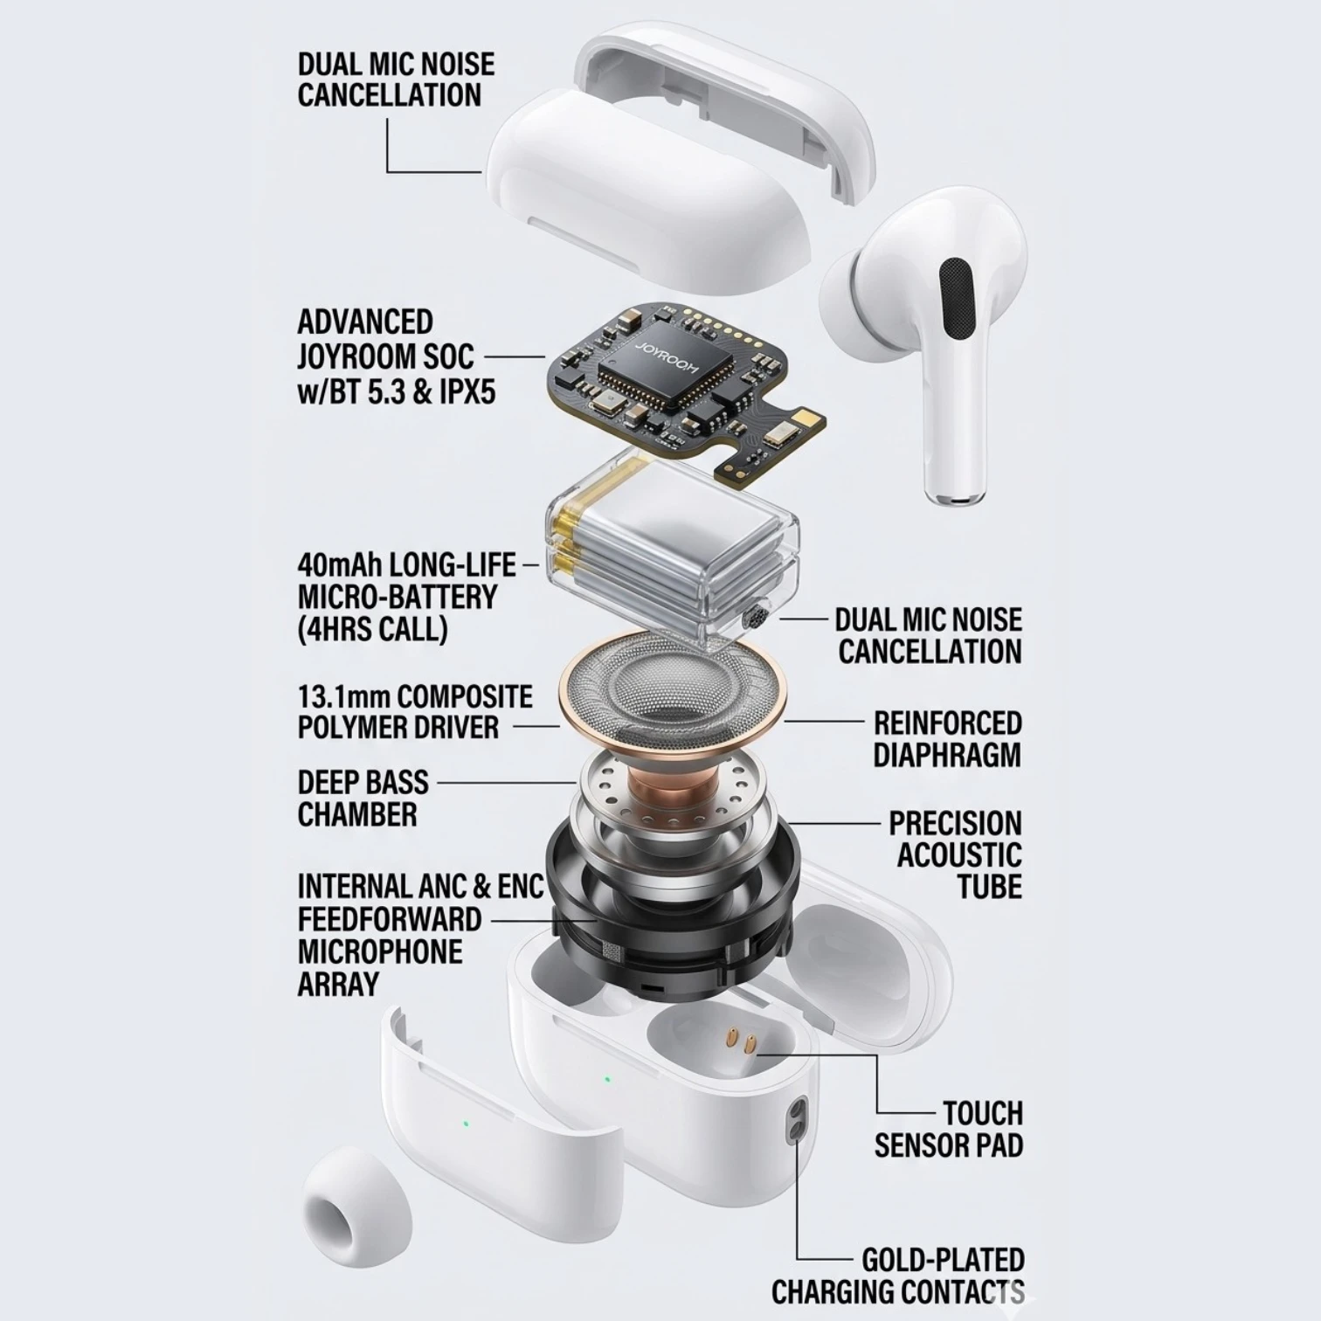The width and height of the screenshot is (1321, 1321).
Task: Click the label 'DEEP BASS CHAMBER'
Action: click(363, 799)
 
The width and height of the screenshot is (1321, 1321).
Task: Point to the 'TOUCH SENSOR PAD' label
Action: click(949, 1130)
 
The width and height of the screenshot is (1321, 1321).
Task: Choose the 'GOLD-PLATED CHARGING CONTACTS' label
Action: click(898, 1276)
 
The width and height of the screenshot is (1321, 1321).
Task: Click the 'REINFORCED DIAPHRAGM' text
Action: click(947, 738)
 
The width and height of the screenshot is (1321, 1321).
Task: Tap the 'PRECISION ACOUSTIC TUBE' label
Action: click(956, 854)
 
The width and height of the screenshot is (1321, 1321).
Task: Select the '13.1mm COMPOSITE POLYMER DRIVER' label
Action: click(415, 711)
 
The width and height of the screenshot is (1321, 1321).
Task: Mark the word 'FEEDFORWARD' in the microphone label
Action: click(390, 919)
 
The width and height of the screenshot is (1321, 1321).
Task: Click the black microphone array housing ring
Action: click(668, 917)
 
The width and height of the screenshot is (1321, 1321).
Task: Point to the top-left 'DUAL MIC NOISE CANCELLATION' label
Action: click(396, 80)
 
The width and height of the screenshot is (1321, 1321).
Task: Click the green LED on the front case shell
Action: click(465, 1123)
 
